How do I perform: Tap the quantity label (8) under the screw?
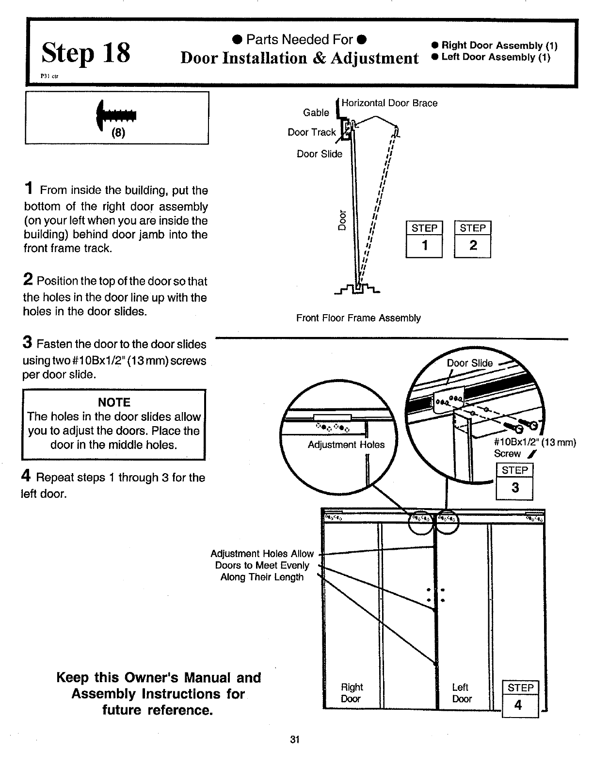click(x=118, y=133)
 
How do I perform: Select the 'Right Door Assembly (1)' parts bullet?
click(x=494, y=46)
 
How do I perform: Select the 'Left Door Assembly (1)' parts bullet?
click(x=491, y=57)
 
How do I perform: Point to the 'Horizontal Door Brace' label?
click(x=389, y=103)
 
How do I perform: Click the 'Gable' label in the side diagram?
click(x=316, y=112)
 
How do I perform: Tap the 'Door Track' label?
click(x=312, y=132)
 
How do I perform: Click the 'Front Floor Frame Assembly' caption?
click(x=358, y=318)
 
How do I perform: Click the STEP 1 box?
click(x=424, y=240)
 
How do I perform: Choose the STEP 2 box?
click(x=472, y=240)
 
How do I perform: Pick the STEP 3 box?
click(x=514, y=481)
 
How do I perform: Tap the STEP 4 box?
click(x=520, y=699)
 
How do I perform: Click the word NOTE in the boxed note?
click(x=114, y=402)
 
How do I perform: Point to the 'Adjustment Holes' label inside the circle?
click(x=346, y=445)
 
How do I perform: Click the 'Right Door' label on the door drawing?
click(x=352, y=693)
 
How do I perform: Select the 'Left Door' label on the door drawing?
click(x=462, y=693)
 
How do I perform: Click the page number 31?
click(x=295, y=740)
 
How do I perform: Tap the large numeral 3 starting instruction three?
click(x=28, y=342)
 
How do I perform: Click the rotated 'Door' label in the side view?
click(x=342, y=220)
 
